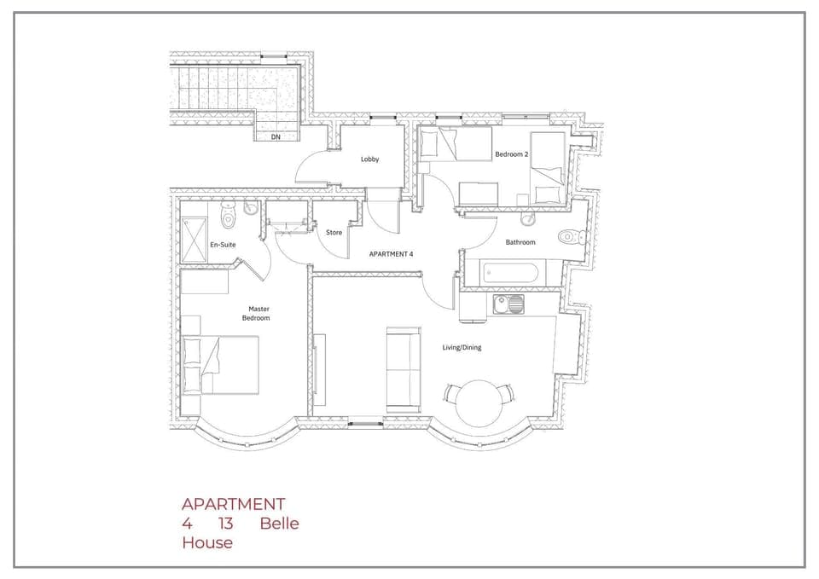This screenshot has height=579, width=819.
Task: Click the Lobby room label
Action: coord(369,159)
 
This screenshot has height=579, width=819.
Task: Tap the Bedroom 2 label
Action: coord(512,154)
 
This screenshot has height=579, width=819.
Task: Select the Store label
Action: coord(334,233)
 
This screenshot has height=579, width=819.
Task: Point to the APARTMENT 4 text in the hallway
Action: coord(391,254)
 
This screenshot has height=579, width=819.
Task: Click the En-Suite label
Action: coord(223,245)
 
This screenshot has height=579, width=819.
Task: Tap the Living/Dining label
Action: coord(462,347)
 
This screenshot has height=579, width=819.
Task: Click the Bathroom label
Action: coord(520,242)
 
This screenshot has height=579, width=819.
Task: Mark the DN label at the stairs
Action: coord(276,136)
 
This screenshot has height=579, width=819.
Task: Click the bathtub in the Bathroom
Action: coord(509,275)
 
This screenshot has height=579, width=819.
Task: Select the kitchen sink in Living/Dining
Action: coord(509,304)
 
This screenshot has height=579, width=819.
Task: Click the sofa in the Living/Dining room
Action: coord(403,368)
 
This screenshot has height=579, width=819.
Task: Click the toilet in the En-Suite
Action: coord(228,217)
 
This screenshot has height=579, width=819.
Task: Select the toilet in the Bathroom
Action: coord(567,236)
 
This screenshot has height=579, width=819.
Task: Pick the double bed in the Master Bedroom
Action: coord(222,365)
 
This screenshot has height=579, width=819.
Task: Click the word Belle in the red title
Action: coord(280,524)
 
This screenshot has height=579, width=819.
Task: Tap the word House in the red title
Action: coord(207,542)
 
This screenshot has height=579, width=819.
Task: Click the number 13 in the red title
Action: coord(226,524)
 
